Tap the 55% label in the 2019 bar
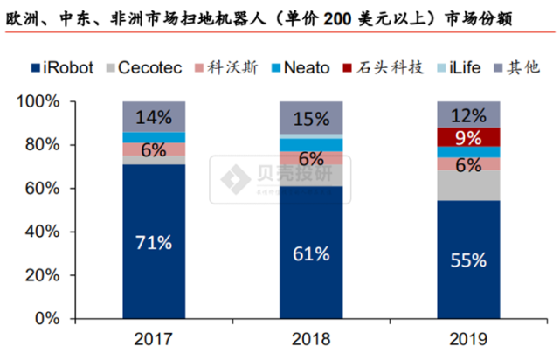(468, 260)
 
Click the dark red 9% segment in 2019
(468, 137)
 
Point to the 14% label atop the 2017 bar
(153, 116)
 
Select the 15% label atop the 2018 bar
(311, 117)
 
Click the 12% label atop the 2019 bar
(468, 114)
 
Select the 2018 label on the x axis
(311, 339)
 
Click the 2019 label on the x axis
(468, 339)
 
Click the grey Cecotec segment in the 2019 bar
(468, 185)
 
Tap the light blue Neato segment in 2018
(311, 144)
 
